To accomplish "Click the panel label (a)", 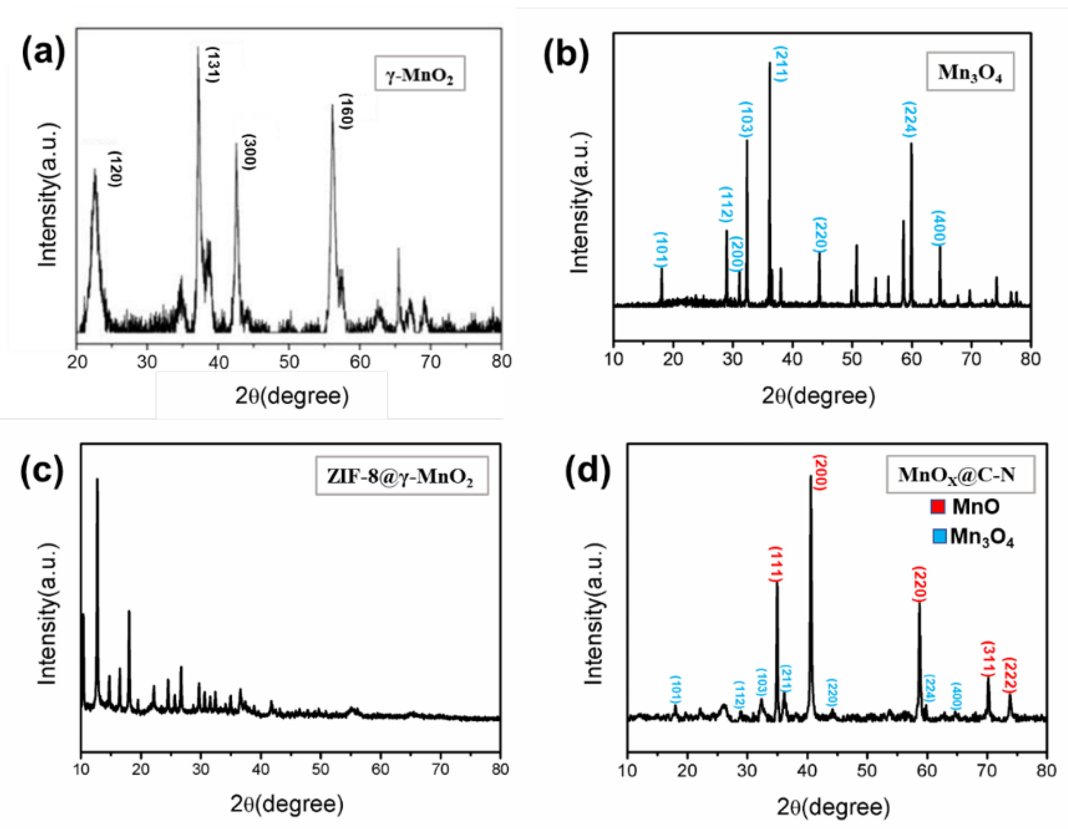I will (x=43, y=53).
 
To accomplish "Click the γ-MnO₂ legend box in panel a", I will (x=420, y=74).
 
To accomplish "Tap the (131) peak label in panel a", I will (x=213, y=64).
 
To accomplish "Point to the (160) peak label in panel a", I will (x=346, y=111).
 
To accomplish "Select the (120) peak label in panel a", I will (x=116, y=169).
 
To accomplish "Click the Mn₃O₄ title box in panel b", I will (x=970, y=72).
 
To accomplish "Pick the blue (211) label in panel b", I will (x=781, y=64).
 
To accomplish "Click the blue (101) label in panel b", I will (x=661, y=250).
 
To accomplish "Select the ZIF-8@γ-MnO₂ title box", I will (x=402, y=476).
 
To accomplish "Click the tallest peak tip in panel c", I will (x=97, y=480).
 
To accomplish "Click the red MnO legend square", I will (x=937, y=506).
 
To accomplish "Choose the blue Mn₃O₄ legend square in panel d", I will (x=940, y=537).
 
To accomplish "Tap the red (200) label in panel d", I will (x=819, y=473).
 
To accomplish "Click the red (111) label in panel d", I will (x=776, y=564).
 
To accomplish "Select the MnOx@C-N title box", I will (x=961, y=474).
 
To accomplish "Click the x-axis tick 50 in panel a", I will (x=289, y=362).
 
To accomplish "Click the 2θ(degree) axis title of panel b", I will (x=818, y=395).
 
